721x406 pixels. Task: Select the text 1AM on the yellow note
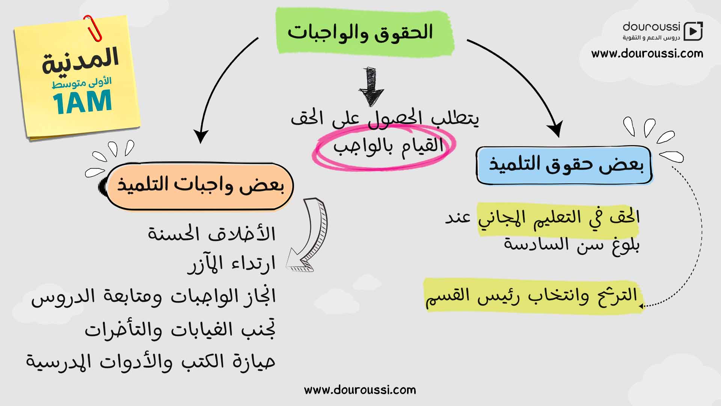(x=82, y=102)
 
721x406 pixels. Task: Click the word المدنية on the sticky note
(x=80, y=60)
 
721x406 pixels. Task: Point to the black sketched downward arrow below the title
(x=371, y=86)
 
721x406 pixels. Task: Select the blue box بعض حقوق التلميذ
(x=564, y=165)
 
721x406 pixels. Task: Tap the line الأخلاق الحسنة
(x=212, y=233)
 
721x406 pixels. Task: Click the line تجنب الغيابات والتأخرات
(x=180, y=330)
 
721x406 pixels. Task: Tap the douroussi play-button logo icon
(x=693, y=31)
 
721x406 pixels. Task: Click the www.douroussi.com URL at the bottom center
(x=360, y=390)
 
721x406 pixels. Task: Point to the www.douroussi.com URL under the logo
(x=647, y=54)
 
